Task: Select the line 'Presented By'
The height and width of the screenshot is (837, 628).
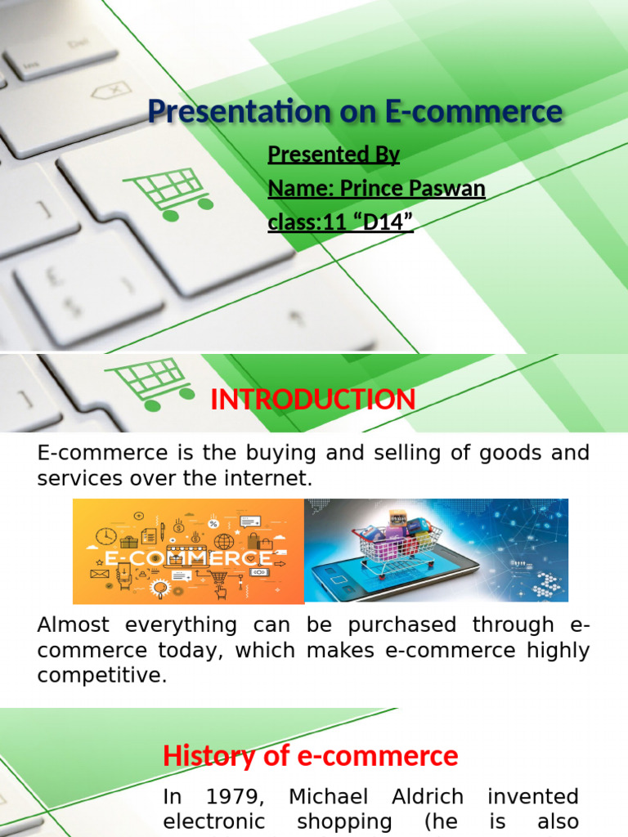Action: tap(334, 154)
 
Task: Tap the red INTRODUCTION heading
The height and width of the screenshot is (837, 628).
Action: tap(313, 401)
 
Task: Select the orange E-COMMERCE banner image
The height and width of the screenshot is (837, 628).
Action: tap(188, 551)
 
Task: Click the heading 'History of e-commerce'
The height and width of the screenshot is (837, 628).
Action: tap(311, 756)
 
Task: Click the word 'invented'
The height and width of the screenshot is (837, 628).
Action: tap(532, 797)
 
